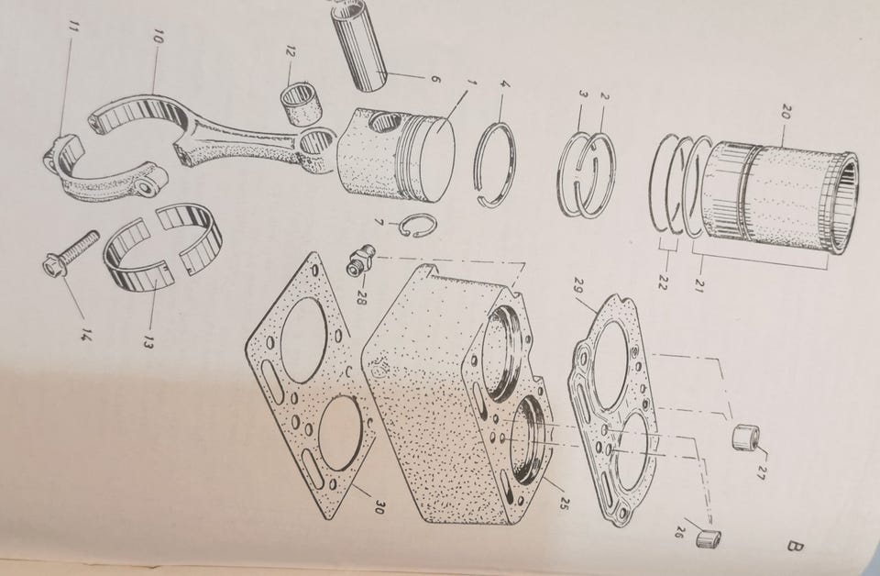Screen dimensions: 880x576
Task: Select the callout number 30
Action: [379, 508]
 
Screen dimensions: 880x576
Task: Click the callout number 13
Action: [147, 342]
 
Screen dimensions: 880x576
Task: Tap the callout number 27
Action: [761, 472]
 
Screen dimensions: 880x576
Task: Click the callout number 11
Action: [71, 29]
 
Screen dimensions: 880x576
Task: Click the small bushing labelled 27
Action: [746, 437]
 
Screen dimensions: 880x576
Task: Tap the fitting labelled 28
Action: [359, 259]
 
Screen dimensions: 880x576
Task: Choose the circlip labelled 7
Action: [418, 226]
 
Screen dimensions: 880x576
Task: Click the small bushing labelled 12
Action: [301, 103]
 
